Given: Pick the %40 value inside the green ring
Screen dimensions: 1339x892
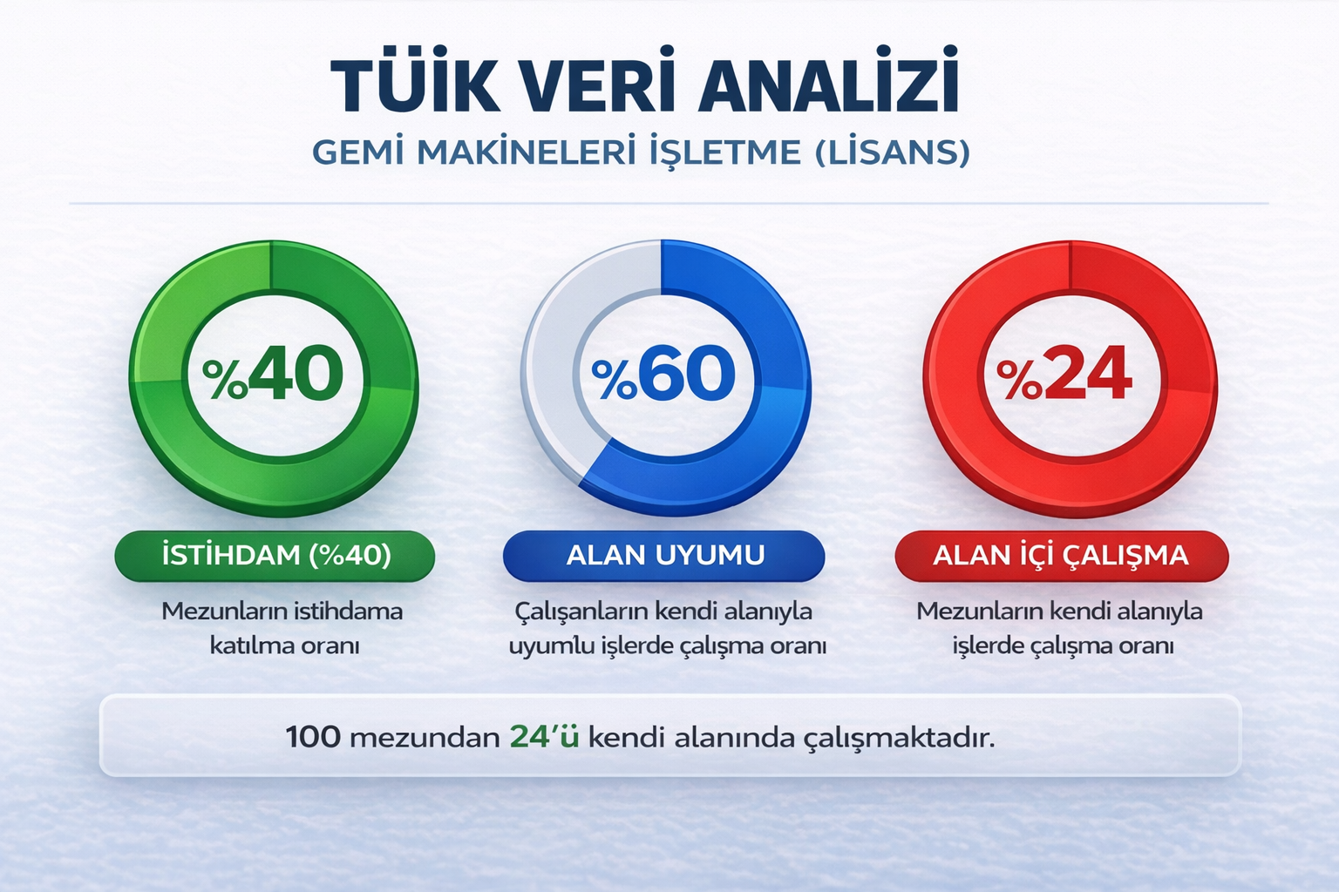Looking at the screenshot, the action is [x=273, y=373].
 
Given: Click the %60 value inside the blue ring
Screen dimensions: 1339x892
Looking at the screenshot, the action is [x=663, y=373].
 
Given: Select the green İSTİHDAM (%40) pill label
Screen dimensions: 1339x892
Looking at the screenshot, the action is [x=275, y=556].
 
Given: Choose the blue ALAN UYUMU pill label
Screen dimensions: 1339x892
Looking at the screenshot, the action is [x=664, y=556].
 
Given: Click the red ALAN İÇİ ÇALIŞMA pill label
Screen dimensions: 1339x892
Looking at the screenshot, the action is [x=1062, y=556].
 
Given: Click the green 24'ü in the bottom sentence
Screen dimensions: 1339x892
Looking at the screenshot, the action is [x=545, y=737].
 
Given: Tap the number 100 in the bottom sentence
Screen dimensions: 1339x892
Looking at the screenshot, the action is [x=313, y=737].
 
